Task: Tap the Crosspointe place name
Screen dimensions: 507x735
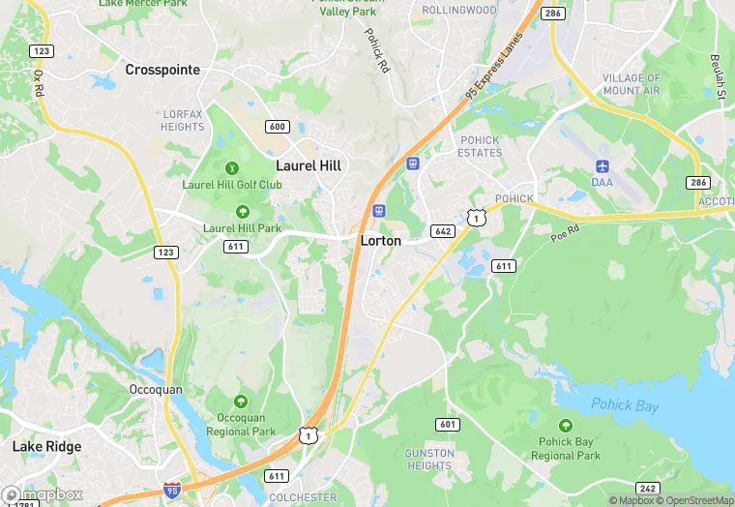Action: [x=162, y=70]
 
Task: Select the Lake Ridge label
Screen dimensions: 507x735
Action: [x=46, y=447]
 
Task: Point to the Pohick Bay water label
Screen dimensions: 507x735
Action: [x=625, y=405]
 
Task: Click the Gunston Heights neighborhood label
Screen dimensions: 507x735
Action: [x=429, y=459]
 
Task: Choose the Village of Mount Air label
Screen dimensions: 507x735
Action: [x=632, y=84]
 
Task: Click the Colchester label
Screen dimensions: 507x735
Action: [x=304, y=498]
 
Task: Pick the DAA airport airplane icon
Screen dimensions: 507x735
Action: [x=603, y=166]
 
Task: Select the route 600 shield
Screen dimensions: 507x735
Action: [x=278, y=127]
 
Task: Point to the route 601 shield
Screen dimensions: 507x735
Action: [x=447, y=424]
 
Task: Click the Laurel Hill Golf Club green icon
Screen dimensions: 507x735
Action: [x=231, y=168]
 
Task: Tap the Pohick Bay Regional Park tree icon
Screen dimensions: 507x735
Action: [x=566, y=426]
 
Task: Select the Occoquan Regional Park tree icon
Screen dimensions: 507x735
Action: [x=240, y=402]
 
